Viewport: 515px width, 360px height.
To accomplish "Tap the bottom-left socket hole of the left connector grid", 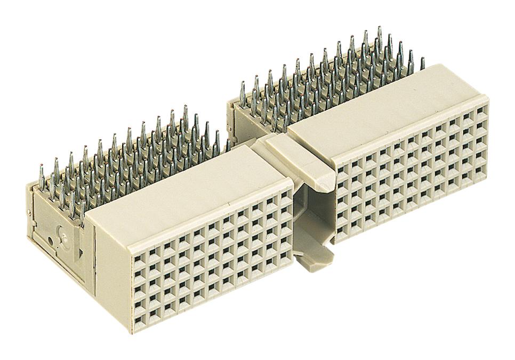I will [x=140, y=321].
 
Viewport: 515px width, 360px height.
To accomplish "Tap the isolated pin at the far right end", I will [x=423, y=63].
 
